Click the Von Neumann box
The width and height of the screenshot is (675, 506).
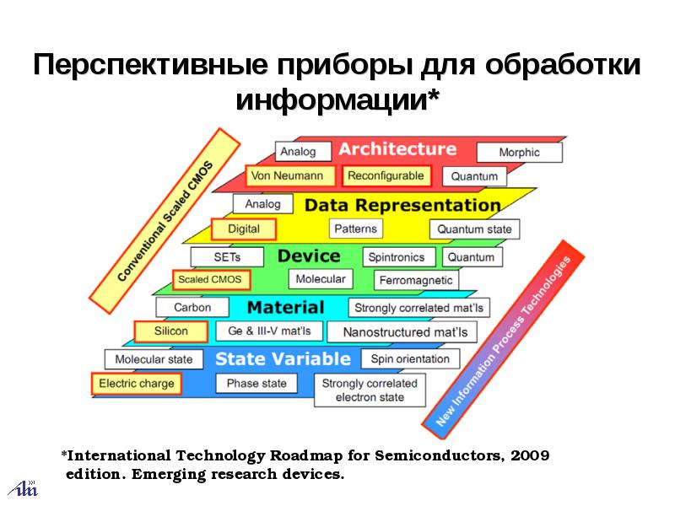point(286,175)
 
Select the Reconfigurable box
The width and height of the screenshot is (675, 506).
point(386,175)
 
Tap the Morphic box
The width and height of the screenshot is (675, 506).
point(519,153)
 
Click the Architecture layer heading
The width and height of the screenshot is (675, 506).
point(397,149)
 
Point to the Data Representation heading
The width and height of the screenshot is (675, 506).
point(402,205)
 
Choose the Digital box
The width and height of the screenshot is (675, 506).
point(244,229)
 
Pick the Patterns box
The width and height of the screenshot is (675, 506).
point(356,229)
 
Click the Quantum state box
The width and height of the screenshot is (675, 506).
point(474,229)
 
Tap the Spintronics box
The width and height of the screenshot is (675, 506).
point(400,256)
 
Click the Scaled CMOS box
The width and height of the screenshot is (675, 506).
point(208,279)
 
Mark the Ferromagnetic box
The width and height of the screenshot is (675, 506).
point(416,280)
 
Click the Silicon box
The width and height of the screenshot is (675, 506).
point(171,331)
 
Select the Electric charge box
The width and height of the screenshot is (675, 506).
point(137,384)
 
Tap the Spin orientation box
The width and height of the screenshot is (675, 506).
point(410,358)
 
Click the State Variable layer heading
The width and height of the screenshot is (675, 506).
point(283,359)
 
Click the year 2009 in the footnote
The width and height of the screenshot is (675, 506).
point(531,456)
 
